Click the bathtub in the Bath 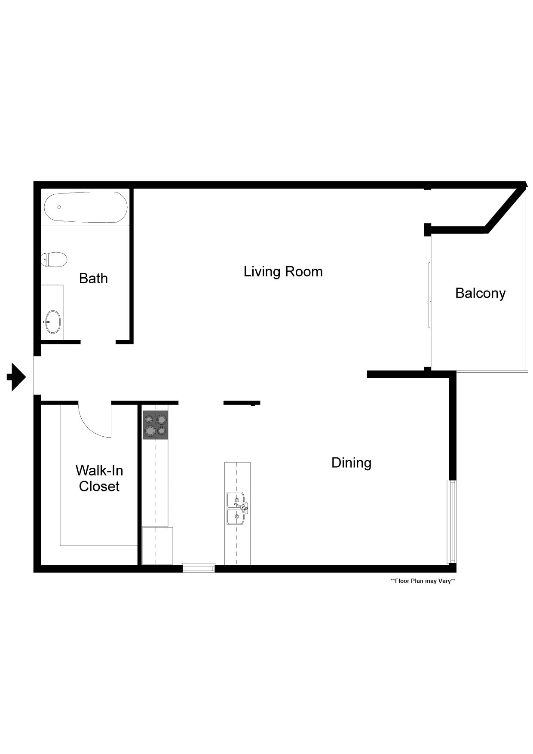coord(86,207)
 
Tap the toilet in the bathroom coord(55,260)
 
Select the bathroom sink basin coord(53,322)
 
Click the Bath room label coord(93,279)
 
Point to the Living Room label coord(283,272)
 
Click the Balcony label coord(480,293)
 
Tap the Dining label coord(351,463)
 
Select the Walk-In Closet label coord(99,478)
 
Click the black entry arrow coord(16,377)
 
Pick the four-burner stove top coord(156,425)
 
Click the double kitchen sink coord(236,509)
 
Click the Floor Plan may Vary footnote coord(423,581)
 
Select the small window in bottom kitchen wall coord(199,568)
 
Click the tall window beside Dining coord(451,521)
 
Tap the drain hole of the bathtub coord(59,207)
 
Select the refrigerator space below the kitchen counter coord(157,546)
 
